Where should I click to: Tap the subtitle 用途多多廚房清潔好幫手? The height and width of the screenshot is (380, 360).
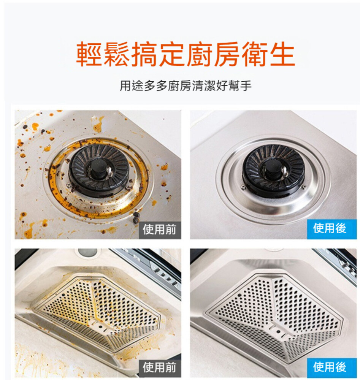tap(186, 85)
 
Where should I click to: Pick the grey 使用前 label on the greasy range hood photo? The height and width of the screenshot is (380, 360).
tap(160, 367)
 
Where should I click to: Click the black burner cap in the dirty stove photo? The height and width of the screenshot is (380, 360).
tap(99, 170)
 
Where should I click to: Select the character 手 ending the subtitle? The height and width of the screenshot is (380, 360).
tap(246, 85)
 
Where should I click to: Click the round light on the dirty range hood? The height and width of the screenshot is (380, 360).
tap(87, 252)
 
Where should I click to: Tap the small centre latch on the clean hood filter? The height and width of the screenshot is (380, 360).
tap(278, 331)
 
